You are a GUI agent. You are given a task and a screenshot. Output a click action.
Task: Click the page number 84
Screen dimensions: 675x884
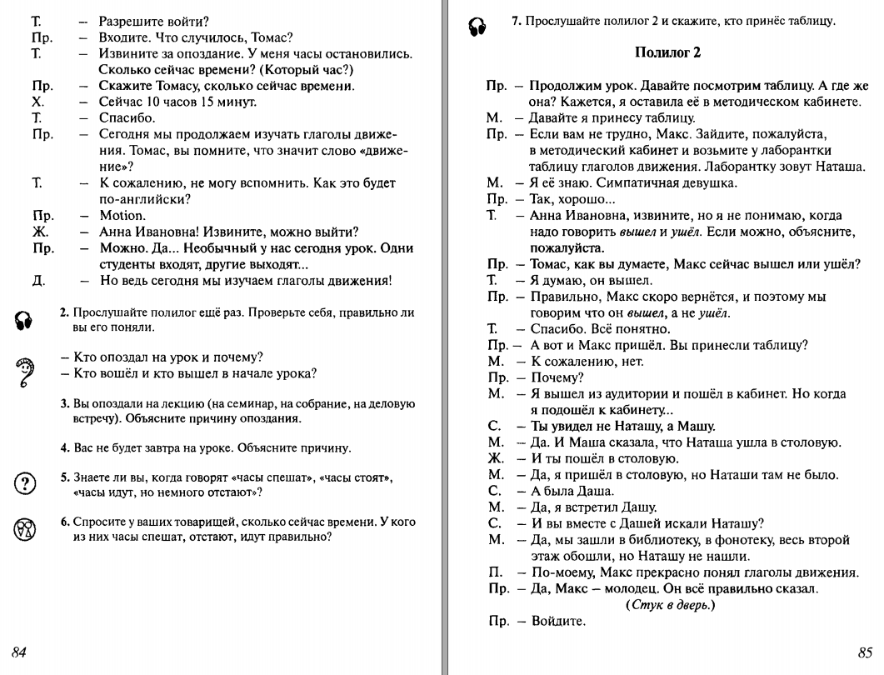[20, 652]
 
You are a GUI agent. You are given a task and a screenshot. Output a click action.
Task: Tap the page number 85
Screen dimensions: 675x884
[864, 652]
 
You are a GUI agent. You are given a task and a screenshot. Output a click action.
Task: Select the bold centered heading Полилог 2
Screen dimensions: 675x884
[667, 53]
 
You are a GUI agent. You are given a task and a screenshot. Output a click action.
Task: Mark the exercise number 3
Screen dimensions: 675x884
[64, 404]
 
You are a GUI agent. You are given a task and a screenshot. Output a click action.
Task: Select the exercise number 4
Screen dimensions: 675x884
[64, 447]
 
